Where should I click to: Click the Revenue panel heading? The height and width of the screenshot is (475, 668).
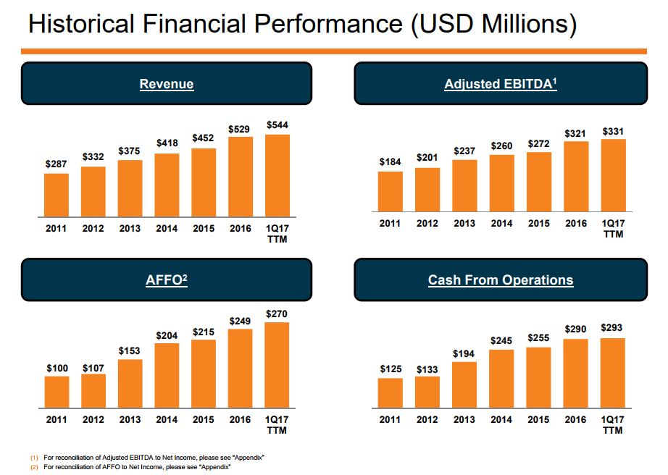point(167,84)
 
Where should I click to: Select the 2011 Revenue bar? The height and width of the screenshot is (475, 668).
point(57,195)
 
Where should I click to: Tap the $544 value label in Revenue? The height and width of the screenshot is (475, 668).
point(277,125)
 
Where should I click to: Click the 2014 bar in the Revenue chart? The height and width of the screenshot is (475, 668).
point(167,185)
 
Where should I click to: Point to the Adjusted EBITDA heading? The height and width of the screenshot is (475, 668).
point(501,84)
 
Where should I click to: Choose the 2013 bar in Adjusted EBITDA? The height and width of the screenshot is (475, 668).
point(464,185)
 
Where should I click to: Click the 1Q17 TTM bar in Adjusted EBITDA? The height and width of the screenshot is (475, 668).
point(613,175)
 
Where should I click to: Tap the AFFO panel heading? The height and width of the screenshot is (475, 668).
point(167,280)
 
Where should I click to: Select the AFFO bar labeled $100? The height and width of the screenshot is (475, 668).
point(57,392)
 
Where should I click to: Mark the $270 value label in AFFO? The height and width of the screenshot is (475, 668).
point(277,315)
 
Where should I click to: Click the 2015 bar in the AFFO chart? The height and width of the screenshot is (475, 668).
point(204,374)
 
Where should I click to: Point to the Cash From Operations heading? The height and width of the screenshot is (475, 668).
point(501,280)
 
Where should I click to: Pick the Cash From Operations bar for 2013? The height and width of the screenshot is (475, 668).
point(464,384)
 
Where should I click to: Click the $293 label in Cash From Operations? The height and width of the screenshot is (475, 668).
point(612,328)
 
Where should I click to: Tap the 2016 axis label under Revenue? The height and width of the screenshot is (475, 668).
point(241,229)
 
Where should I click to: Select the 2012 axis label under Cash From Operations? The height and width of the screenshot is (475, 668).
point(427,420)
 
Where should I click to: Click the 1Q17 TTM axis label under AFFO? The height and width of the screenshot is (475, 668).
point(277,425)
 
